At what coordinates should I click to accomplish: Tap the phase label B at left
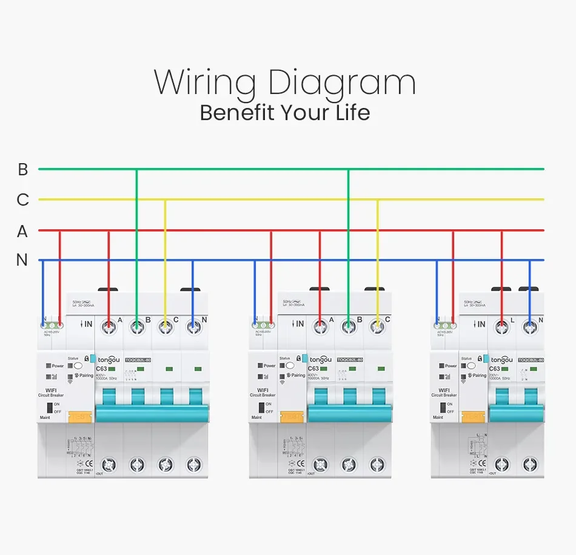23,169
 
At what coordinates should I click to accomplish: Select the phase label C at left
23,200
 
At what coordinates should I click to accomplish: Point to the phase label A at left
22,231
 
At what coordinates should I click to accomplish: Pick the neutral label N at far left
22,260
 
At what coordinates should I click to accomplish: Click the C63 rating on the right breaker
495,368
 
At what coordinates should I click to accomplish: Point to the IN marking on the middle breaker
298,325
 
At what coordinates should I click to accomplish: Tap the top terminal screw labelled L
501,328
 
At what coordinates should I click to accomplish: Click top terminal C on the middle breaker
378,328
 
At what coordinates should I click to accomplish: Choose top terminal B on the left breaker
137,328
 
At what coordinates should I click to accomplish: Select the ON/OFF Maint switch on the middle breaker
260,408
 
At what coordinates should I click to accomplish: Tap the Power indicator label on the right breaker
450,366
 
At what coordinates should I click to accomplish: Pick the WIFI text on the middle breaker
262,390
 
